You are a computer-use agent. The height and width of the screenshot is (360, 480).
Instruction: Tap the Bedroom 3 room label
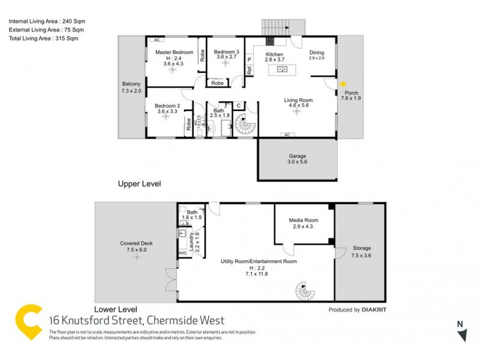[x=226, y=52]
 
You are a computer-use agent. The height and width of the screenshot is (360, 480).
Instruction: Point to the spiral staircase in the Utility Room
[x=305, y=293]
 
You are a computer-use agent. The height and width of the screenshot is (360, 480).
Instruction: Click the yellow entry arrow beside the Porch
[x=343, y=85]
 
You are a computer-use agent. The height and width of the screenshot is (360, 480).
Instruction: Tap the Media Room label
[x=304, y=220]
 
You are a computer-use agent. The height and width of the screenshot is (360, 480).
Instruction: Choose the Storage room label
[x=362, y=248]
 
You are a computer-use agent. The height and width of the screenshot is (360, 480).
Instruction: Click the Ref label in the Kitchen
[x=249, y=70]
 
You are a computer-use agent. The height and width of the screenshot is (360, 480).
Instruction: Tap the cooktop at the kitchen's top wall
[x=270, y=41]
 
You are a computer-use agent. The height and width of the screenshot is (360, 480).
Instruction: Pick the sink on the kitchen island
[x=281, y=70]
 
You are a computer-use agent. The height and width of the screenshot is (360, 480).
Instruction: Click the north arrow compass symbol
[x=461, y=334]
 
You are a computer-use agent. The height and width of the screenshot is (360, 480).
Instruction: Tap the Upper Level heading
[x=139, y=184]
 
